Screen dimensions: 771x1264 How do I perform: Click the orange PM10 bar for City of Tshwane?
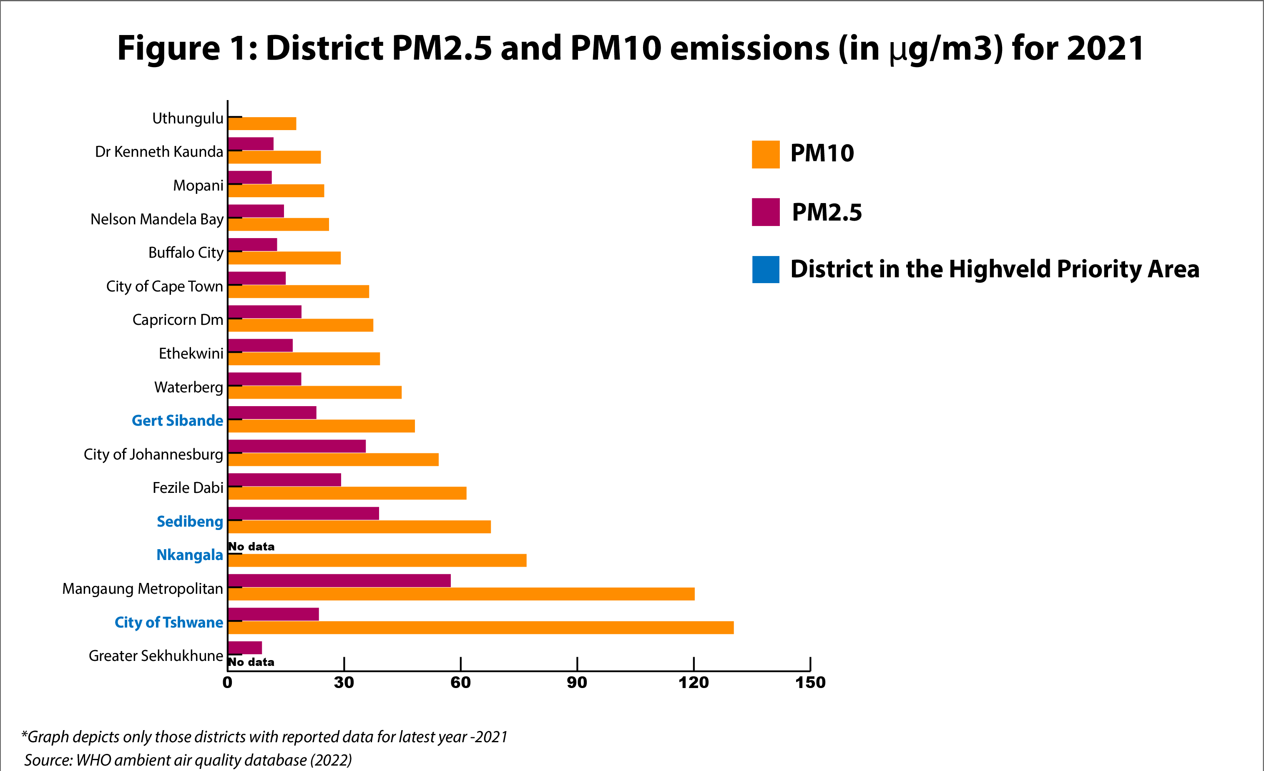[481, 628]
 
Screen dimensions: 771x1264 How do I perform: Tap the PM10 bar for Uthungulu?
[262, 123]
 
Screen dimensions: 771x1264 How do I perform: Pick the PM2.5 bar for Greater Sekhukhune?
[245, 648]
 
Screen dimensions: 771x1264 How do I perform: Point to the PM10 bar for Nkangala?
[377, 560]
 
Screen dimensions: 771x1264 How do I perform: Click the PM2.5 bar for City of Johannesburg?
[297, 446]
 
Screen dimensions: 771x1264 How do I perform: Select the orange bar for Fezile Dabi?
[347, 493]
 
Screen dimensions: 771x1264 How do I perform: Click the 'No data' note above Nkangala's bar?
[251, 547]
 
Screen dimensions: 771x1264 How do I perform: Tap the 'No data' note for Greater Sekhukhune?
[251, 662]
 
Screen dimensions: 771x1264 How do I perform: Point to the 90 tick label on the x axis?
[577, 683]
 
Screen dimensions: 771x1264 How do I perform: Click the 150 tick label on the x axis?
[810, 683]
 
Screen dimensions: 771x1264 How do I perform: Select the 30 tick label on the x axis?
[344, 683]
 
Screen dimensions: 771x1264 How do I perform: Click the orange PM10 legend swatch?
[765, 154]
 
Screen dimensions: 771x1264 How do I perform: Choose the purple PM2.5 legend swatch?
[765, 212]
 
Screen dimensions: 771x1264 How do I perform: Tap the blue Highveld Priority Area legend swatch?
[765, 269]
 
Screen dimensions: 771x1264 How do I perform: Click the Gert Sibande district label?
[178, 421]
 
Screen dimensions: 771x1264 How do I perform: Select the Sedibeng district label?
[190, 522]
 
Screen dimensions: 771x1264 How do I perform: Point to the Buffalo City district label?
[186, 253]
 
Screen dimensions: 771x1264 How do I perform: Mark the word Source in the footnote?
[48, 760]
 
